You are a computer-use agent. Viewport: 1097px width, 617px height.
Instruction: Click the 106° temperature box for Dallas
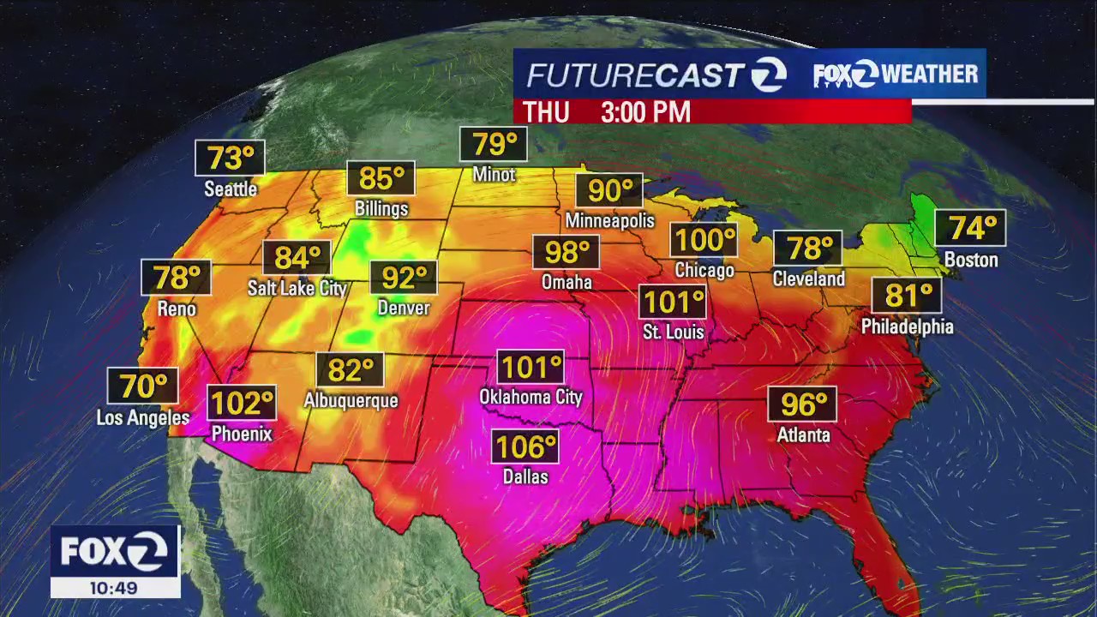(525, 446)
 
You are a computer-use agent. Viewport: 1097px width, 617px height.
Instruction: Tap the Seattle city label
(231, 189)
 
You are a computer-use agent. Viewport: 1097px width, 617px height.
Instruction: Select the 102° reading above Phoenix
(242, 402)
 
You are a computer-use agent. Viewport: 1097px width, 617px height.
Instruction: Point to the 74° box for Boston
(970, 228)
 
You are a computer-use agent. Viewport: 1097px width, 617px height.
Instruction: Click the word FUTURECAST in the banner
(633, 75)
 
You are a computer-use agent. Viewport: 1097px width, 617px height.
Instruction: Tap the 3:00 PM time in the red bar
(645, 112)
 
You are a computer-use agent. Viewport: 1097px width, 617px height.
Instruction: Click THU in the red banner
(546, 112)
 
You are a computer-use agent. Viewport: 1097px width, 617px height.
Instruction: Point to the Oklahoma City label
(531, 397)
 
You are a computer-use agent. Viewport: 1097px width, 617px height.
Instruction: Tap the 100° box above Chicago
(704, 240)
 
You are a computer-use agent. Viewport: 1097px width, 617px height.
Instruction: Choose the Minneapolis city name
(609, 220)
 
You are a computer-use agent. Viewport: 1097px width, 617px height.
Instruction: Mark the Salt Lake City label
(297, 288)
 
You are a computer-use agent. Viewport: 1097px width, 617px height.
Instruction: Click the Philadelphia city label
(907, 326)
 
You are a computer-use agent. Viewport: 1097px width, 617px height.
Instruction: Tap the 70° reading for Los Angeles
(143, 386)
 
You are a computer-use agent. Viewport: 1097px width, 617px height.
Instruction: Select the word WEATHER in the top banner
(930, 75)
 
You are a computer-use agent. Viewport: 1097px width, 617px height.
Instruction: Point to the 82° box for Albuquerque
(351, 370)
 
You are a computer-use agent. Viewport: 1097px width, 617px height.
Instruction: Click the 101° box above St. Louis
(674, 302)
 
